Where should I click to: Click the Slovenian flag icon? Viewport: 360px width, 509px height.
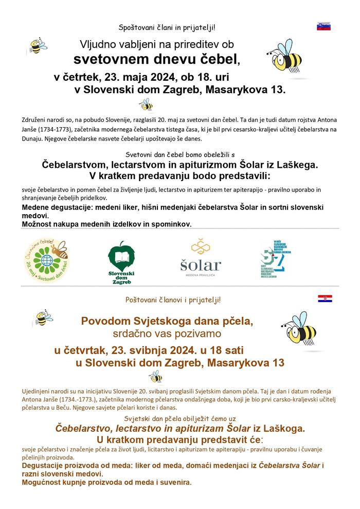(323, 26)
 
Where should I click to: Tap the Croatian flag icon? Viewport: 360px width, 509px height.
(325, 299)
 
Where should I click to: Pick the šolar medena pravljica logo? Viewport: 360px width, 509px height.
(200, 257)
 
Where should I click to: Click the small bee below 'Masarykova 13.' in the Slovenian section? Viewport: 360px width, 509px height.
(147, 105)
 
